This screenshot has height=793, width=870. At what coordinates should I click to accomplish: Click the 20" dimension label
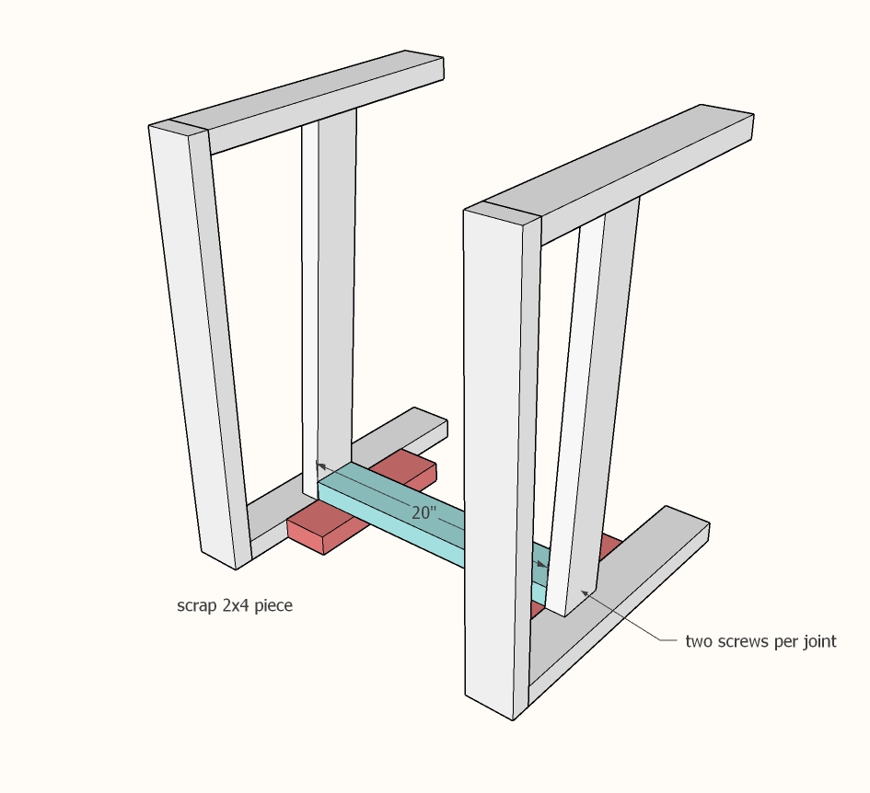423,513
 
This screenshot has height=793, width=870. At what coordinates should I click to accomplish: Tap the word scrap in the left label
197,606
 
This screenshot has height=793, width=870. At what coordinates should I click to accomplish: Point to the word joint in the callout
816,641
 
